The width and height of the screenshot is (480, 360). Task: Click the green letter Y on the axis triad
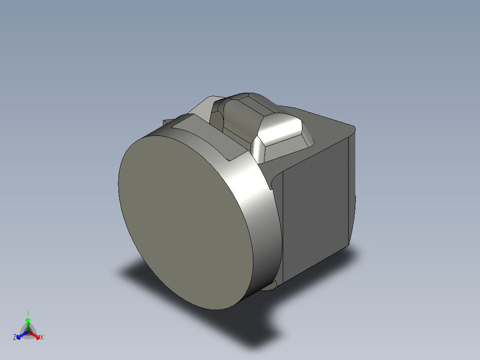click(28, 313)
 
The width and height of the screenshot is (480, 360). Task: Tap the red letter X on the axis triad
click(41, 338)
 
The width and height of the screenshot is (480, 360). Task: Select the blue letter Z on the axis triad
click(15, 338)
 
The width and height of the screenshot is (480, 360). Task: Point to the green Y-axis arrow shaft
click(28, 324)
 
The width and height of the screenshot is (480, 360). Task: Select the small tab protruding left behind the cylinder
click(167, 122)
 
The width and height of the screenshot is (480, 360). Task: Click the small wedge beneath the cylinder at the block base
click(272, 285)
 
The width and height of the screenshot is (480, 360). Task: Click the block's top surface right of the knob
click(329, 129)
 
